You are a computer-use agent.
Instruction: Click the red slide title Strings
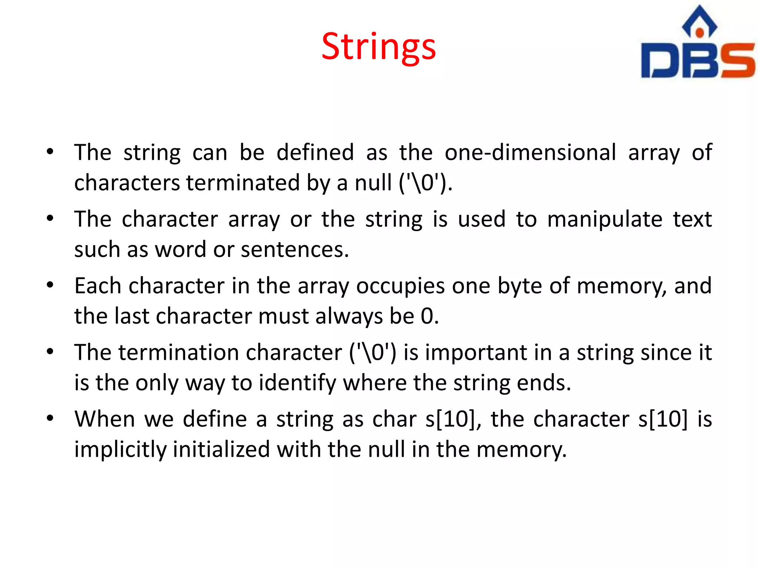[378, 47]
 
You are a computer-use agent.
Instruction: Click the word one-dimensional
[530, 152]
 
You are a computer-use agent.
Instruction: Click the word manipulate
[605, 219]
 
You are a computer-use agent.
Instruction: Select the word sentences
[295, 250]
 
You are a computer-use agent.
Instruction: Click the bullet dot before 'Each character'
[50, 285]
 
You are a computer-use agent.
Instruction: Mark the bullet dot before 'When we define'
[50, 418]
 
